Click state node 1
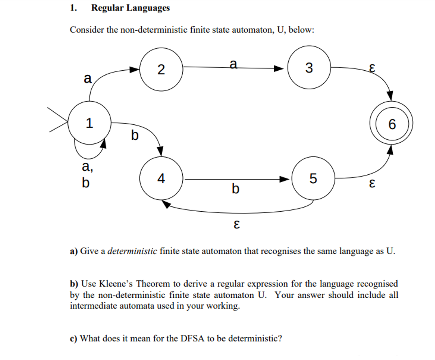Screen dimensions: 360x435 (x=89, y=123)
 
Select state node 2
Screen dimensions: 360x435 (x=161, y=69)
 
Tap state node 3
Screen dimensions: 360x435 (x=309, y=68)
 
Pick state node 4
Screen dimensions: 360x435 (x=161, y=178)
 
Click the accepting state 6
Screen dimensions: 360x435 (x=391, y=124)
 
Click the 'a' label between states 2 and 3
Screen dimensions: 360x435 (x=233, y=63)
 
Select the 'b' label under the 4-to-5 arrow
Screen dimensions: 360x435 (x=235, y=189)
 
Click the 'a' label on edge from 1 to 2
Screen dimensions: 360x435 (x=87, y=78)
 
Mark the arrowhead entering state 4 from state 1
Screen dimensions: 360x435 (x=160, y=151)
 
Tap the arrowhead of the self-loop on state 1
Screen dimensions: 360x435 (x=104, y=143)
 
